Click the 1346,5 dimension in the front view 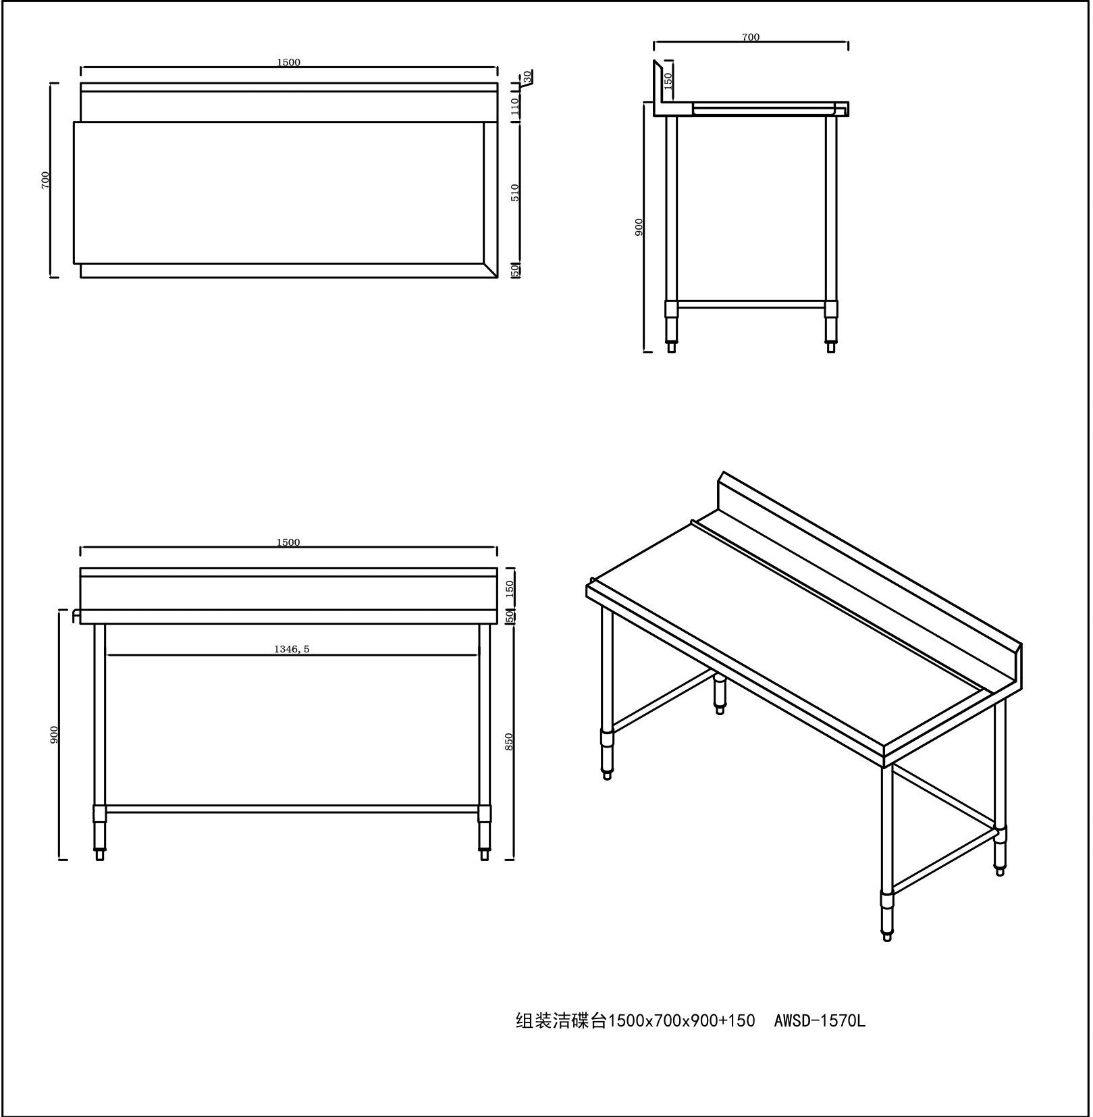click(x=292, y=650)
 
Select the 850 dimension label click(x=510, y=742)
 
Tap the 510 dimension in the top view click(x=515, y=192)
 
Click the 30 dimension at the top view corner click(x=527, y=77)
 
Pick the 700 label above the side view click(x=751, y=37)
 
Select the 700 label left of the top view click(x=46, y=180)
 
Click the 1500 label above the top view click(x=288, y=62)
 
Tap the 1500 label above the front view click(x=288, y=543)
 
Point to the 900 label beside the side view click(x=639, y=227)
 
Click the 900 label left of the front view click(x=55, y=735)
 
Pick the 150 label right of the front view click(x=510, y=588)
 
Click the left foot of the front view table click(x=100, y=855)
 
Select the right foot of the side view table click(x=832, y=347)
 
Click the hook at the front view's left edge click(x=76, y=615)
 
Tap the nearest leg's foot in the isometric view click(x=887, y=936)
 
